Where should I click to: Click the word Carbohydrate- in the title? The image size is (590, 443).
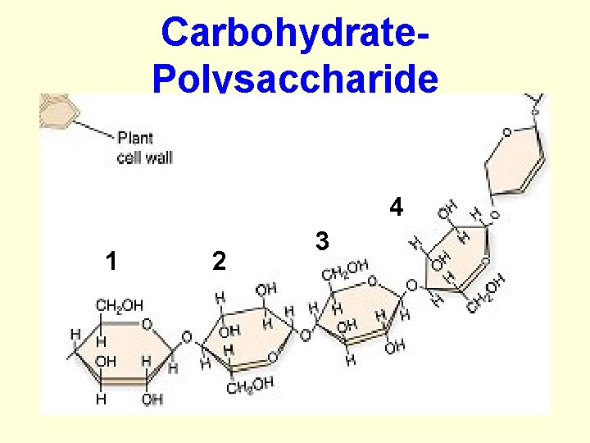click(x=295, y=33)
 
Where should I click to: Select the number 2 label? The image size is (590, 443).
click(x=218, y=261)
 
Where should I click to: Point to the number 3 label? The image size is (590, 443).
click(x=322, y=241)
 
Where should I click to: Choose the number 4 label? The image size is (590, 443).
click(x=396, y=208)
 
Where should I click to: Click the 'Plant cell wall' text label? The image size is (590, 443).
click(x=145, y=148)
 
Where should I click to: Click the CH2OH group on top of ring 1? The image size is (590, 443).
click(x=119, y=306)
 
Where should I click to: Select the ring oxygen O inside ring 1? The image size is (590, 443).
click(x=147, y=324)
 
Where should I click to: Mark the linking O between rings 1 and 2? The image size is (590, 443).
click(x=186, y=338)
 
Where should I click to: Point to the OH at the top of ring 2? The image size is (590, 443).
click(x=265, y=290)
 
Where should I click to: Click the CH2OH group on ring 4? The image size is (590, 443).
click(x=486, y=295)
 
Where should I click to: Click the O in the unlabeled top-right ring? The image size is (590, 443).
click(x=507, y=132)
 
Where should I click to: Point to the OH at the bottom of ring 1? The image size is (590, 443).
click(x=152, y=400)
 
